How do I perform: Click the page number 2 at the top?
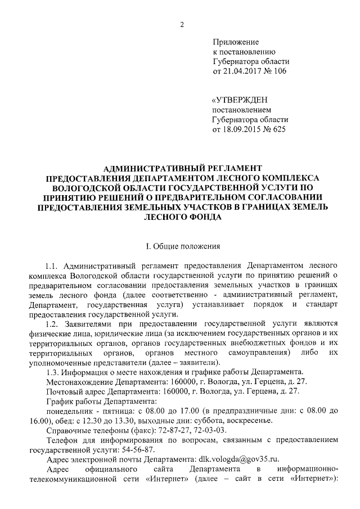[182, 23]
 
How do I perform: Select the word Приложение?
[236, 42]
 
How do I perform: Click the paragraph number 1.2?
[52, 323]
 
